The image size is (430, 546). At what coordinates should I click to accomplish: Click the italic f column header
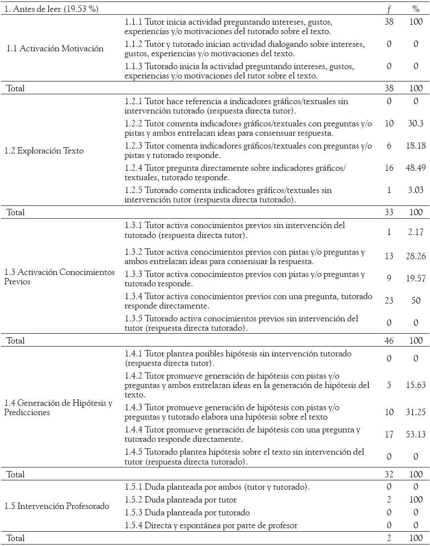point(389,9)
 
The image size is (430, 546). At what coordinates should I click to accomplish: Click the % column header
point(416,9)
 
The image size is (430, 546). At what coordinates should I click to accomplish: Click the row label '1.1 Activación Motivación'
point(55,48)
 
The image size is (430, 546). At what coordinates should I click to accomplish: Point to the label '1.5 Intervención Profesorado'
point(57,506)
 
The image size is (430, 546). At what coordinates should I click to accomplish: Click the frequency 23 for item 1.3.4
point(389,301)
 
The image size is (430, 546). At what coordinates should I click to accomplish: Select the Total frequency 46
point(389,341)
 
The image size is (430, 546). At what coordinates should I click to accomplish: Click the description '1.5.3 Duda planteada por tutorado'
point(187,512)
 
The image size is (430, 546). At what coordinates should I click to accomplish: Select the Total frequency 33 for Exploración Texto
point(389,212)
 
